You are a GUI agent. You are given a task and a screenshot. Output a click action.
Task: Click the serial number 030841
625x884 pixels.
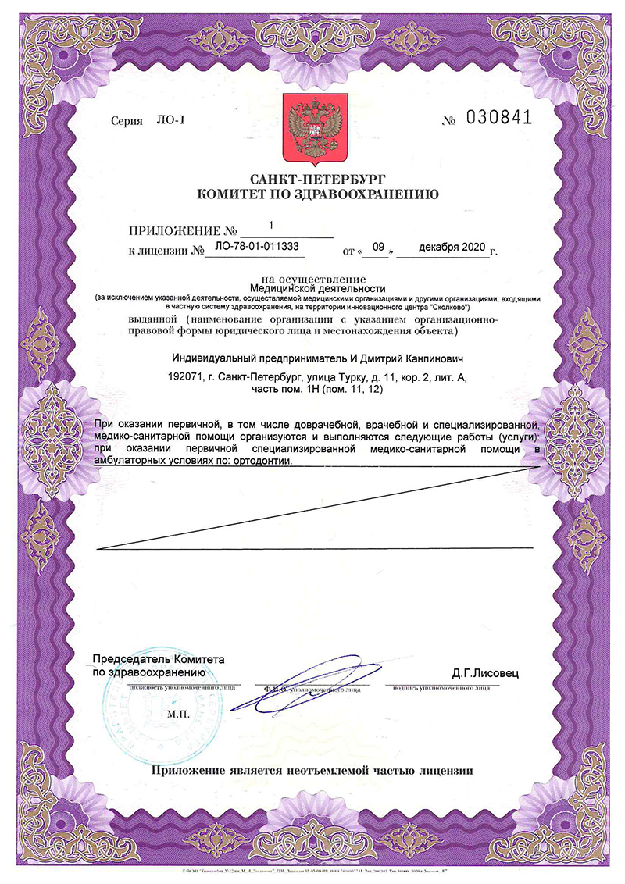tap(498, 118)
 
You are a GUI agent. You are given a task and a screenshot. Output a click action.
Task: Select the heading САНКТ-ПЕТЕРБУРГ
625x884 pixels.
tap(312, 179)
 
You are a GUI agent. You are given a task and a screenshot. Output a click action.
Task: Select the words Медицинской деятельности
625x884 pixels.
tap(312, 287)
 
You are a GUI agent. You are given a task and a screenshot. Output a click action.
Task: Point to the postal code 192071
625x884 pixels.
tap(185, 377)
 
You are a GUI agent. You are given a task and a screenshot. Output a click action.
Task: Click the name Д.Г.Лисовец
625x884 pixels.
tap(484, 672)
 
